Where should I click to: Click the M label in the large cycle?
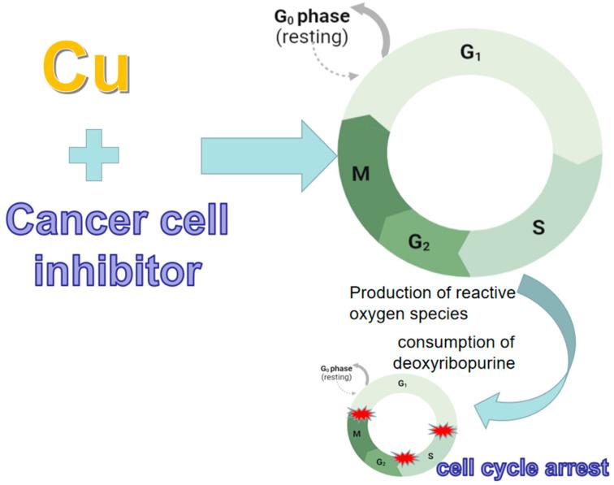363,175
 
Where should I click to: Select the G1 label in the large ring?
470,53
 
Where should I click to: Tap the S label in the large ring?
538,227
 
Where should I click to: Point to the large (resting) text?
313,36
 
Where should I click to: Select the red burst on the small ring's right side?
442,430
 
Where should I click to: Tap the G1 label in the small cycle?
403,382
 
